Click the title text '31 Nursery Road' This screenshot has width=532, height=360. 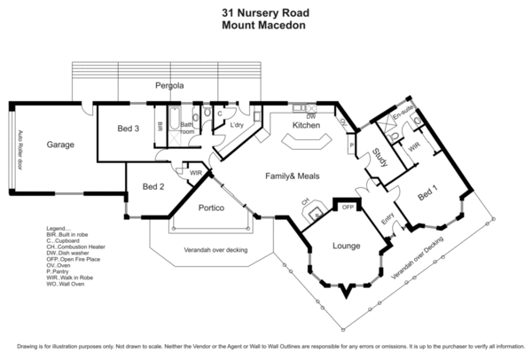[x=265, y=13]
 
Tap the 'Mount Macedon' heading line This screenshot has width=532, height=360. [x=265, y=26]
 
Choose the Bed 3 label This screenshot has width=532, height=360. [x=128, y=129]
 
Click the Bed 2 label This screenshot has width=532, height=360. [x=153, y=186]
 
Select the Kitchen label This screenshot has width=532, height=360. [x=306, y=126]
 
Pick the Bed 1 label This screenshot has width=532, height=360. [x=428, y=192]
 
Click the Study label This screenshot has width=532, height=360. [x=379, y=158]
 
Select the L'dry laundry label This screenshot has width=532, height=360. [x=237, y=124]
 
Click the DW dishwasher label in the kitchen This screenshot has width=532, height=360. [x=310, y=116]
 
